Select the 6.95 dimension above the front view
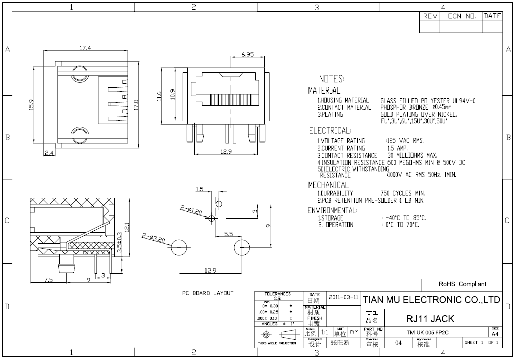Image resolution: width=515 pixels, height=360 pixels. click(247, 54)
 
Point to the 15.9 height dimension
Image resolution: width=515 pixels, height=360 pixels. click(31, 104)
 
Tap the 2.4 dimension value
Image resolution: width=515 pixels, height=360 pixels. click(50, 153)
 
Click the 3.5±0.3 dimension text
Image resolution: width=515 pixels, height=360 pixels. click(119, 242)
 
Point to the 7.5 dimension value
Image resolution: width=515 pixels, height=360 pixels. click(48, 280)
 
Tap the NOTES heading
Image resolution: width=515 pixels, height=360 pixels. click(331, 79)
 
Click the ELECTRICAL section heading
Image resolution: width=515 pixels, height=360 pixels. click(329, 131)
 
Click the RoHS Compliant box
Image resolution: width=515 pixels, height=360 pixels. click(462, 284)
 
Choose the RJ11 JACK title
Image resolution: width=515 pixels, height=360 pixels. click(430, 319)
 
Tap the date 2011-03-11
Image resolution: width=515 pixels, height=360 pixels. click(343, 297)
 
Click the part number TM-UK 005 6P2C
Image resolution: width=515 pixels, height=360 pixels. click(428, 332)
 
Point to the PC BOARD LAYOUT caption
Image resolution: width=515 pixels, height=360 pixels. click(208, 293)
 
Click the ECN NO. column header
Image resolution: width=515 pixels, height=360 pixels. click(461, 16)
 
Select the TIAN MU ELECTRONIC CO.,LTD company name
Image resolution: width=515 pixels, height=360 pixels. click(432, 300)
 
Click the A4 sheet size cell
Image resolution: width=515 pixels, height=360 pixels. click(495, 333)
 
